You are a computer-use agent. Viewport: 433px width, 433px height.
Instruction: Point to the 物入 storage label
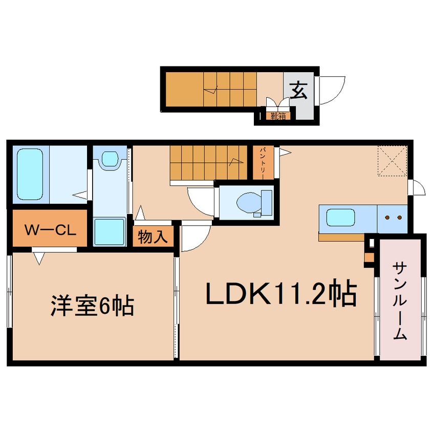(x=153, y=237)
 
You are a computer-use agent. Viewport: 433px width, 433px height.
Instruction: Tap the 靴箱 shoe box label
(x=278, y=116)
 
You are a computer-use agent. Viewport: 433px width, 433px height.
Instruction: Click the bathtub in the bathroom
(x=30, y=174)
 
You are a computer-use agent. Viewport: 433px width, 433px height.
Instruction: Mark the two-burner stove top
(x=394, y=218)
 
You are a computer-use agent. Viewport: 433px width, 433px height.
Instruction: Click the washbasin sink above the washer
(x=110, y=159)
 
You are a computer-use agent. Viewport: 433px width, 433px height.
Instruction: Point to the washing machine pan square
(x=110, y=232)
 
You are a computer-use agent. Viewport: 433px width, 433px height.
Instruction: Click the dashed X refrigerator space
(x=392, y=161)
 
